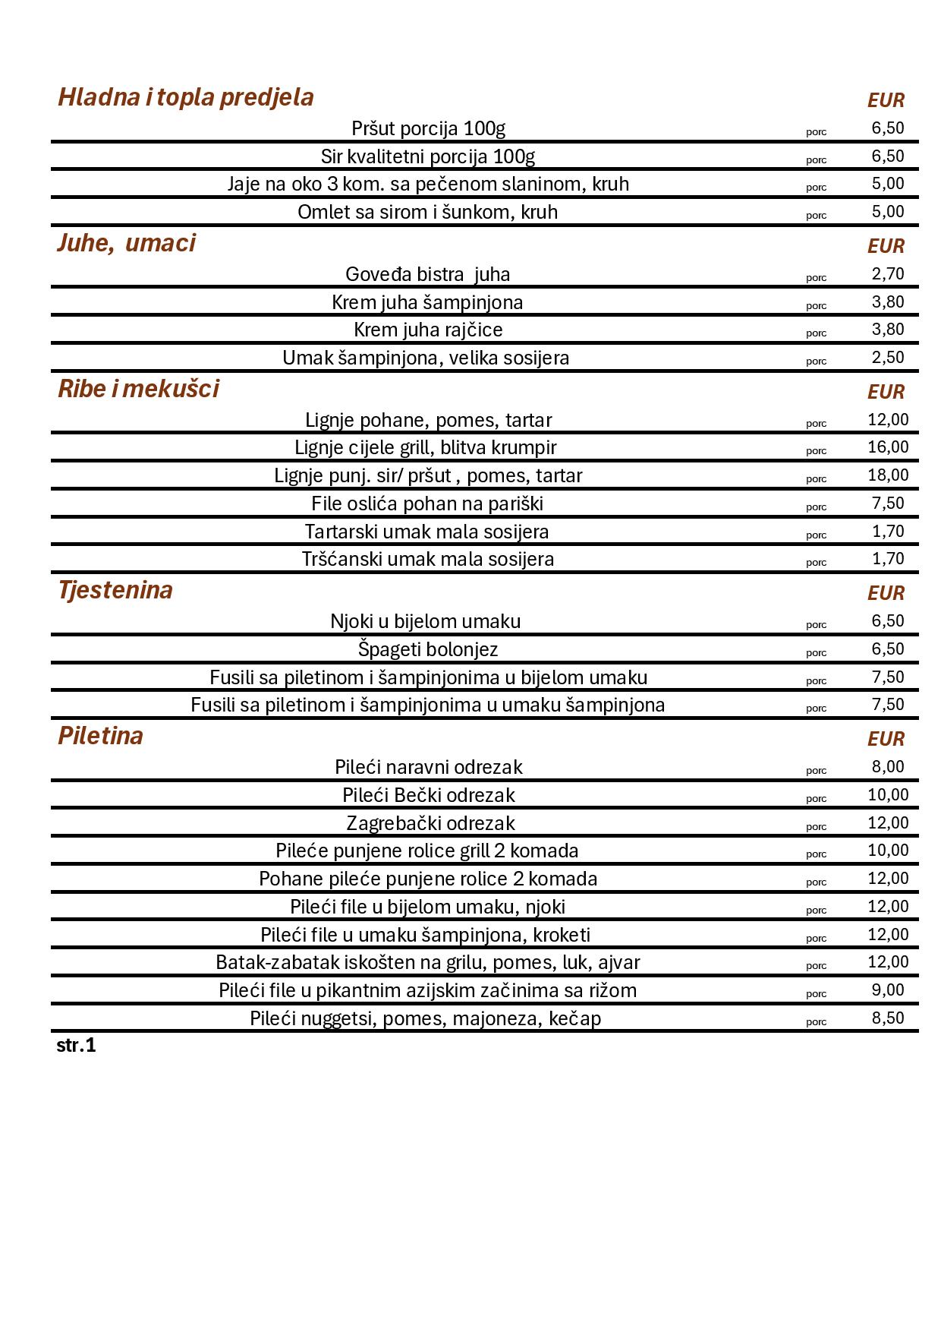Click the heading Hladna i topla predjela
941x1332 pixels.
pos(186,97)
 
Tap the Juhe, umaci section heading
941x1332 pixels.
pos(126,243)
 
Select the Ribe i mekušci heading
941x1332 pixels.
pos(138,389)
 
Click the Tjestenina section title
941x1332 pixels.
pos(115,590)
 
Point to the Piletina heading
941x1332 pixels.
pos(100,736)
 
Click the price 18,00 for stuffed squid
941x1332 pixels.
pos(888,475)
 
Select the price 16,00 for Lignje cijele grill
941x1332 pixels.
pos(888,447)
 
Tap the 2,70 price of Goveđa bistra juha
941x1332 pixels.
pos(888,274)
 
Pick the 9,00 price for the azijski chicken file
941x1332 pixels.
pos(888,990)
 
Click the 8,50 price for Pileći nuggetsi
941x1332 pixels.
pos(888,1018)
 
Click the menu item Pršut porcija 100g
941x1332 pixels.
pos(428,128)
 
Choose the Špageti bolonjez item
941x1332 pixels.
pos(428,649)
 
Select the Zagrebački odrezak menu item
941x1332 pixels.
pos(430,823)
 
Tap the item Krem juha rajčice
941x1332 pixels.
pos(428,330)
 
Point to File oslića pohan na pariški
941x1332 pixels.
pos(427,503)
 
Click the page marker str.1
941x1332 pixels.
pos(76,1046)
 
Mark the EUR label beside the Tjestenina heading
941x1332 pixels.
pos(886,593)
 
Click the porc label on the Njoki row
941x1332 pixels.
pos(816,625)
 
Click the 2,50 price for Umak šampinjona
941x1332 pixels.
pos(888,358)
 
